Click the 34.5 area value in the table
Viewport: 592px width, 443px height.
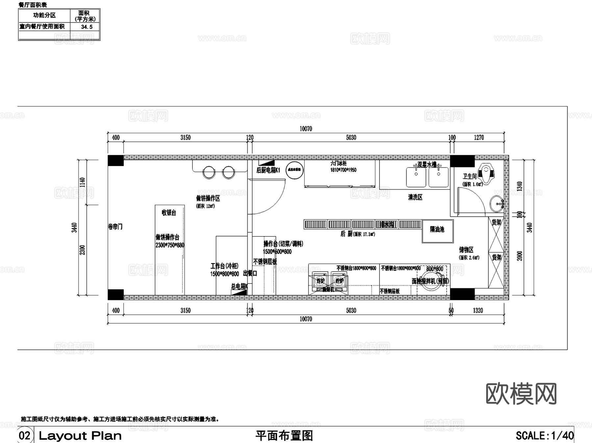point(87,27)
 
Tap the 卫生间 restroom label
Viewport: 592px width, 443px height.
point(470,176)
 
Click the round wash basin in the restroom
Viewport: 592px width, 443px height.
point(496,204)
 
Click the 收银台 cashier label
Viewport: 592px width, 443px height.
point(169,213)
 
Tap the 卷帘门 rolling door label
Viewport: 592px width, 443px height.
point(115,227)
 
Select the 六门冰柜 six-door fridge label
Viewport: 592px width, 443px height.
point(338,163)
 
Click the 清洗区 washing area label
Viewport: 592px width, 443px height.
point(415,197)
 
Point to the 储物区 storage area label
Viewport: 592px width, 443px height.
point(466,250)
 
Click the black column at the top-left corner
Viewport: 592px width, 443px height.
point(116,160)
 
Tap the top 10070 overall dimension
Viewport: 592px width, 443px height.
point(306,129)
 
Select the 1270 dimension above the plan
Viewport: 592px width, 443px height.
point(479,137)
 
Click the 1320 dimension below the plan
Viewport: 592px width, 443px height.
point(478,310)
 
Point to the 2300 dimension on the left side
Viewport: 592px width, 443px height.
point(83,250)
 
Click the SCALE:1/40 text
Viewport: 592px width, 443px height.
point(545,435)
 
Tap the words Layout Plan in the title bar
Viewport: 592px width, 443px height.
point(80,436)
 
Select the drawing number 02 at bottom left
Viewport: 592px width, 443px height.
point(25,435)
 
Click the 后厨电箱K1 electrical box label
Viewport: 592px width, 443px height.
point(268,170)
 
